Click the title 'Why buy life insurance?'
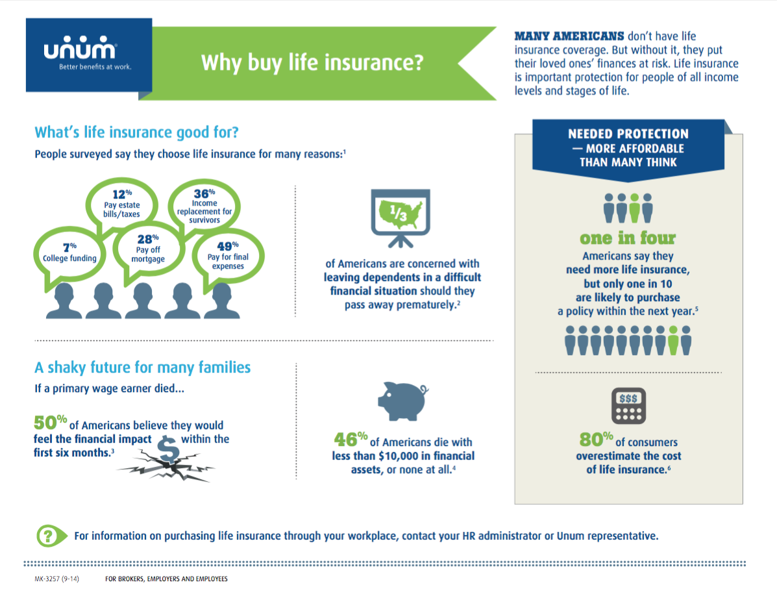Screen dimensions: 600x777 pyautogui.click(x=312, y=63)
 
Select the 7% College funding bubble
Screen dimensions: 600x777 pyautogui.click(x=65, y=253)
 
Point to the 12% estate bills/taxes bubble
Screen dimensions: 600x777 pyautogui.click(x=122, y=205)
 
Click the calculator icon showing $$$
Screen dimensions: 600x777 pyautogui.click(x=628, y=406)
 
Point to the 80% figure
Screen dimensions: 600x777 pyautogui.click(x=596, y=440)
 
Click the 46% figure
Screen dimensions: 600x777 pyautogui.click(x=351, y=440)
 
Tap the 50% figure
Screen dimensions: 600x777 pyautogui.click(x=50, y=423)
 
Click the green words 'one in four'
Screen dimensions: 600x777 pyautogui.click(x=628, y=238)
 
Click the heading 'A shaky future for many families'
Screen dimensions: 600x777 pyautogui.click(x=142, y=368)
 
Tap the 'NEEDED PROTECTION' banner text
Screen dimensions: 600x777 pyautogui.click(x=628, y=134)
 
